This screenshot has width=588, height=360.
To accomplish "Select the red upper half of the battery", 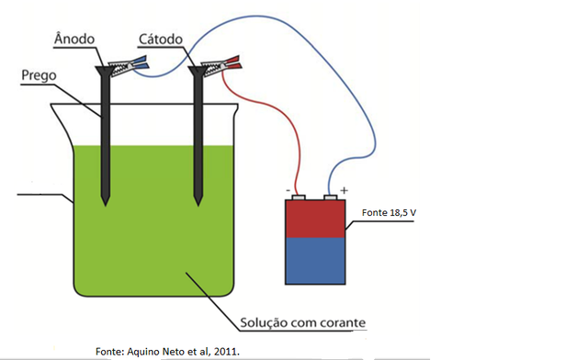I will click(316, 218).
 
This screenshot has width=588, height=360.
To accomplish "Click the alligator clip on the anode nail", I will click(122, 65).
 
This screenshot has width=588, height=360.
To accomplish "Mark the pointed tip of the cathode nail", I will click(197, 201).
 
